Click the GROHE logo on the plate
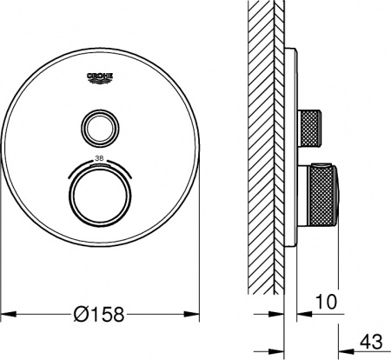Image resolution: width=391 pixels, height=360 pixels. [x=103, y=79]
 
